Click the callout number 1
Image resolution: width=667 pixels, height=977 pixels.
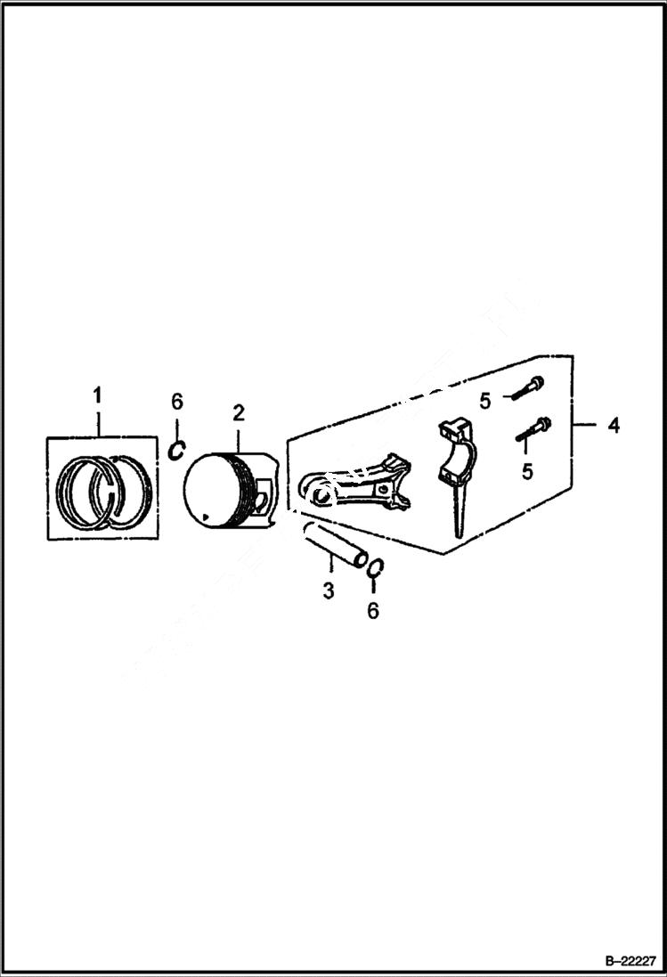click(98, 394)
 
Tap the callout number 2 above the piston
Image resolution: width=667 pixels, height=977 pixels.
click(239, 412)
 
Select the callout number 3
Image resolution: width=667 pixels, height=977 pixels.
click(329, 590)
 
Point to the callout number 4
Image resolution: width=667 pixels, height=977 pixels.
click(614, 426)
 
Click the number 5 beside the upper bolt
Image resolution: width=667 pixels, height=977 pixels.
click(485, 402)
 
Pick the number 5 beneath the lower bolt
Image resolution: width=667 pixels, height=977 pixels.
click(527, 470)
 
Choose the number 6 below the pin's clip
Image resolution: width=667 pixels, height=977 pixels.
click(373, 610)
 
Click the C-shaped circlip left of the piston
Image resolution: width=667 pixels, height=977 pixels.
click(177, 451)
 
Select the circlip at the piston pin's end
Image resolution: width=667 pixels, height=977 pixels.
click(376, 568)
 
